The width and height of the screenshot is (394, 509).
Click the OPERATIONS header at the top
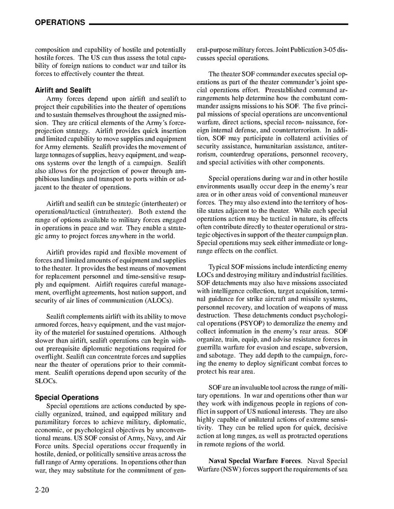[x=60, y=23]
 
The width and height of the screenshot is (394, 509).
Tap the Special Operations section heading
[x=66, y=397]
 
